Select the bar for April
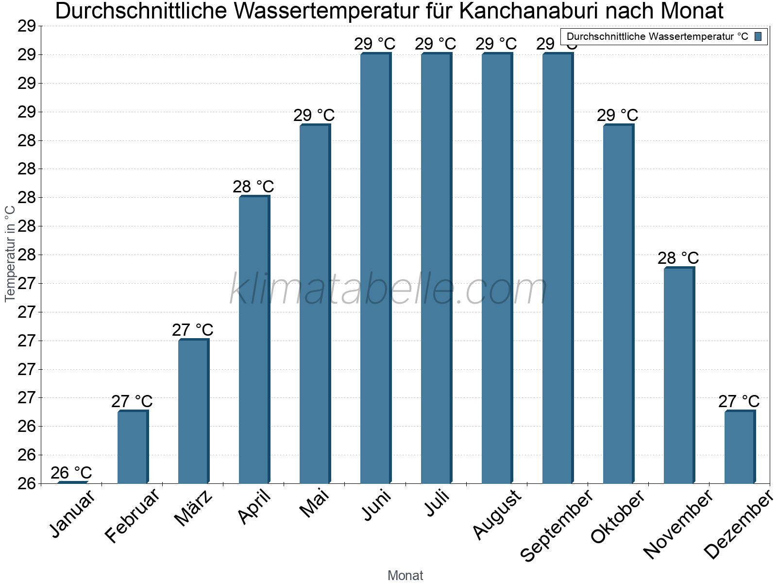[x=254, y=339]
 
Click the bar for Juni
[x=376, y=268]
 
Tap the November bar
[x=679, y=375]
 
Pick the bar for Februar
[x=133, y=446]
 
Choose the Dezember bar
[x=740, y=446]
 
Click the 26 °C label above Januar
[x=71, y=473]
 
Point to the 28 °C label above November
[x=678, y=258]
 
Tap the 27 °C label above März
[x=193, y=330]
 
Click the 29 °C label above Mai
[x=314, y=115]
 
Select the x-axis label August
[x=497, y=514]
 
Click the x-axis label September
[x=557, y=525]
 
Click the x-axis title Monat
[x=405, y=575]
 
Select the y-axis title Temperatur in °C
[x=10, y=254]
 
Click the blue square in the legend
[x=758, y=36]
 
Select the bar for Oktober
[x=619, y=304]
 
